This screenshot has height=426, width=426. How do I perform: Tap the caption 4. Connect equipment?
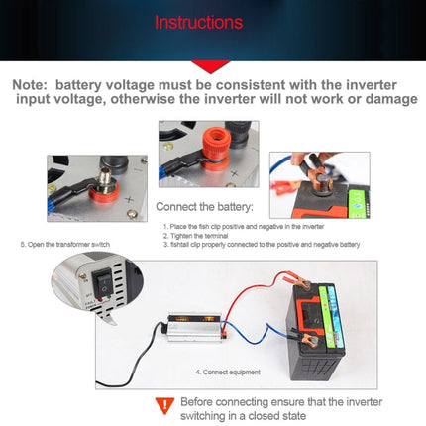[228, 372]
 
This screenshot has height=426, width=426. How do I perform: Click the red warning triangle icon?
[163, 404]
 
